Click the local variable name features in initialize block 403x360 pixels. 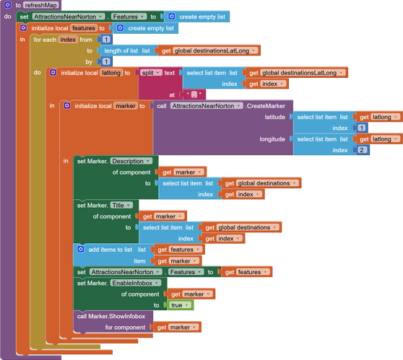click(83, 28)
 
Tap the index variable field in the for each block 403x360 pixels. click(69, 40)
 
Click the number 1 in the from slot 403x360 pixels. click(106, 40)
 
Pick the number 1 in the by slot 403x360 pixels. click(106, 61)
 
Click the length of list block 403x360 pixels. click(126, 51)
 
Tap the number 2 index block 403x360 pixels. click(362, 150)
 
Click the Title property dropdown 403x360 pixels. click(121, 206)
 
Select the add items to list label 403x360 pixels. click(110, 250)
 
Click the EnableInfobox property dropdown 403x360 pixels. click(136, 283)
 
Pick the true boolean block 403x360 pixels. click(178, 305)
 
